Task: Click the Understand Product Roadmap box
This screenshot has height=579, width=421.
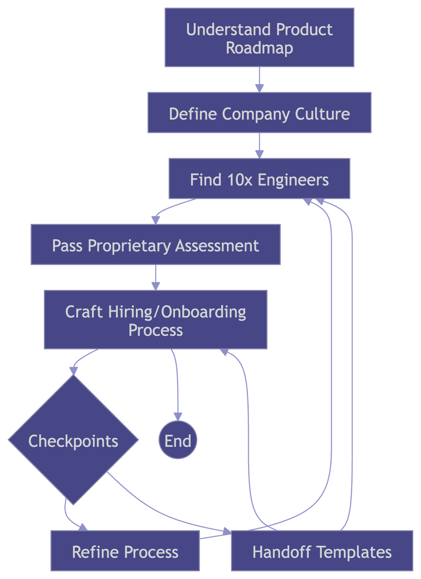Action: (259, 38)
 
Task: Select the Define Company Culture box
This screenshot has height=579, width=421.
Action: (259, 113)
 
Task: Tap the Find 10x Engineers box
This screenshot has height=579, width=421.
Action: (259, 179)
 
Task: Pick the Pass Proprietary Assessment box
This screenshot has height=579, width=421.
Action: (155, 244)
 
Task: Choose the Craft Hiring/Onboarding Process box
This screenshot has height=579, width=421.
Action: (155, 319)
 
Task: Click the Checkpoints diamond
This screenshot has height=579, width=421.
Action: (73, 440)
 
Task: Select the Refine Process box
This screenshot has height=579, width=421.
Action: (125, 551)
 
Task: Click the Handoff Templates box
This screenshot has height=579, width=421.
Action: (321, 551)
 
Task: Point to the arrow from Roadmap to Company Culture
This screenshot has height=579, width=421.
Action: (259, 80)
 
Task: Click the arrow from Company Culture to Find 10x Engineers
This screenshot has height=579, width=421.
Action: (259, 146)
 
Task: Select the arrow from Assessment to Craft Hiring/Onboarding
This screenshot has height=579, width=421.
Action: (155, 277)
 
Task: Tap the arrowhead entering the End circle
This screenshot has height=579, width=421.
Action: (178, 416)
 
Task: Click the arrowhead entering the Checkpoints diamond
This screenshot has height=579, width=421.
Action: (73, 371)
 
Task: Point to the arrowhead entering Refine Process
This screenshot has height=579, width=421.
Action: (82, 527)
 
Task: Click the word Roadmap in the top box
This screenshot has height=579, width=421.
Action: (259, 48)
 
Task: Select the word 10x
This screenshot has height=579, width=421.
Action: (240, 180)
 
